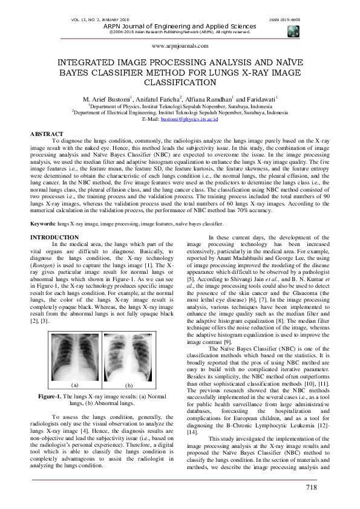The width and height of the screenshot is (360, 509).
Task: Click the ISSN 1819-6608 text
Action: click(284, 20)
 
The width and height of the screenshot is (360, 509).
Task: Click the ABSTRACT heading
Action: click(47, 134)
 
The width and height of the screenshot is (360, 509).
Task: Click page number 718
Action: click(312, 488)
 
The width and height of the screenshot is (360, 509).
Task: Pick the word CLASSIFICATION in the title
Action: click(180, 83)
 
